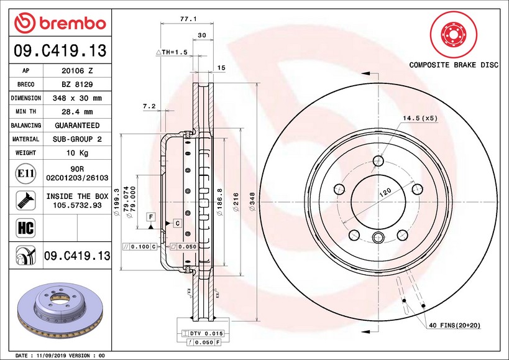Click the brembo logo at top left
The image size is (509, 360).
coord(60,23)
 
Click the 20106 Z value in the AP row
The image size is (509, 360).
coord(78,71)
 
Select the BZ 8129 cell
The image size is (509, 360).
coord(78,85)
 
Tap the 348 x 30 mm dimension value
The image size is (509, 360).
coord(78,98)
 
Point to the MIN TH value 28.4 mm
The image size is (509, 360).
coord(78,112)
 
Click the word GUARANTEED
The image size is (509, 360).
coord(78,126)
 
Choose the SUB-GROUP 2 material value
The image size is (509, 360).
coord(78,139)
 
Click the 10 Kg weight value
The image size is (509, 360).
coord(78,153)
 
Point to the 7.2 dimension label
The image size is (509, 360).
coord(149,106)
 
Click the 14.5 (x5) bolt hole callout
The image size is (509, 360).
coord(420,118)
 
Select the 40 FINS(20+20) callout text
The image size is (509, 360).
coord(455,325)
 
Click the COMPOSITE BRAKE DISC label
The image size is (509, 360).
coord(454,65)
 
